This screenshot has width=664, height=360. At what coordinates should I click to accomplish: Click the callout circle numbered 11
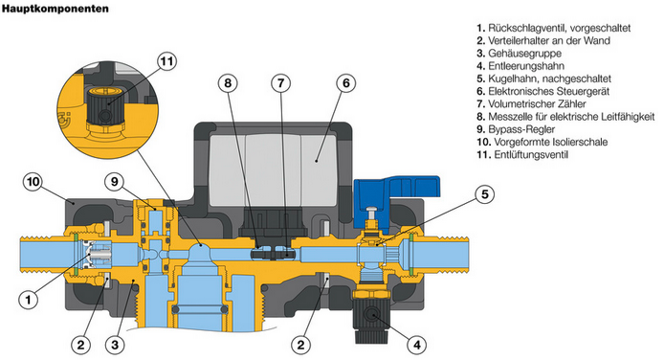coord(166,62)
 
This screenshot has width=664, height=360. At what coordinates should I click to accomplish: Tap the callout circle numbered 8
coord(228,83)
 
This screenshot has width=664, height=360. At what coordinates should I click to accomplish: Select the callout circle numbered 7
coord(280,83)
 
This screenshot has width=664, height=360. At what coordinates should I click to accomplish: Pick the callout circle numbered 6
coord(346,83)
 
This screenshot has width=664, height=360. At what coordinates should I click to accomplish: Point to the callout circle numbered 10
coord(33,182)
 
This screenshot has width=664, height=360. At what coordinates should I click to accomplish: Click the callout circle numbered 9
coord(115,182)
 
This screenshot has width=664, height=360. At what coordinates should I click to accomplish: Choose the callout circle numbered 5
coord(484,194)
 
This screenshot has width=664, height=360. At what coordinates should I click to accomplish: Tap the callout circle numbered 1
coord(29,300)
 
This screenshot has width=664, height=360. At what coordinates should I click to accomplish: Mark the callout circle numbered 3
coord(115,345)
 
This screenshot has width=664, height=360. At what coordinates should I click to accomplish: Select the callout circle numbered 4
coord(417,345)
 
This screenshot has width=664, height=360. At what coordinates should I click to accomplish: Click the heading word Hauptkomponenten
coord(55,9)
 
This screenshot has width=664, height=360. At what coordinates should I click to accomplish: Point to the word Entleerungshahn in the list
coord(526,66)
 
